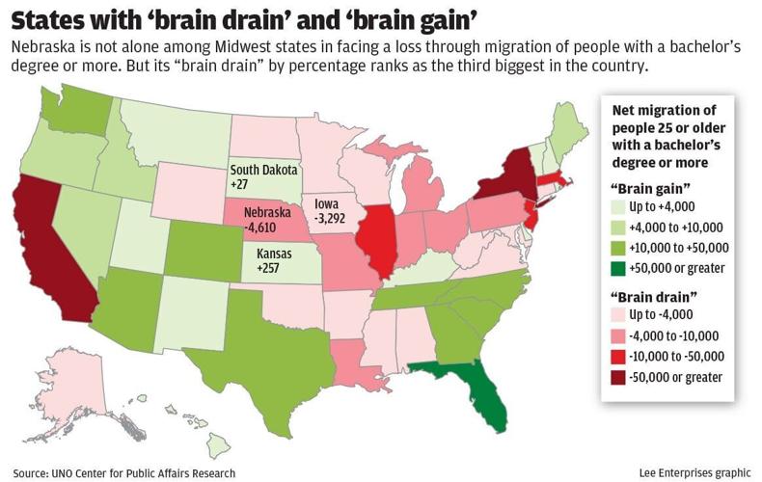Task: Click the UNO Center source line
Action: [x=124, y=472]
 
